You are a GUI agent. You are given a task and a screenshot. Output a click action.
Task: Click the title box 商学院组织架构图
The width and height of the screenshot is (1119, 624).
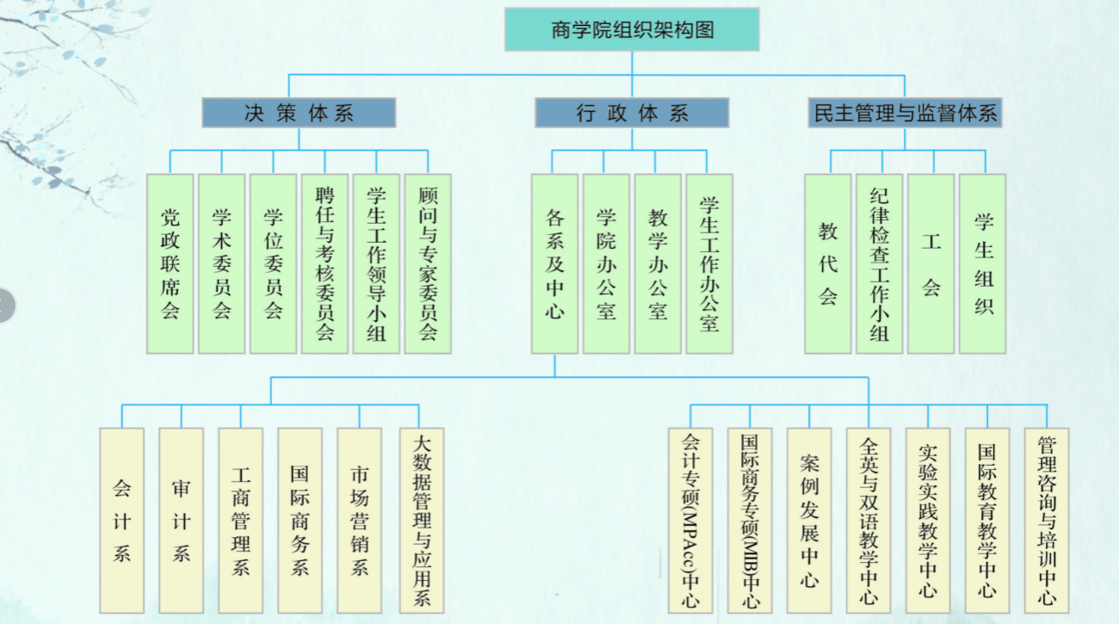(632, 30)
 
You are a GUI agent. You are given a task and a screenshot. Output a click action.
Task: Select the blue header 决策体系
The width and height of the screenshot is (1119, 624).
(299, 113)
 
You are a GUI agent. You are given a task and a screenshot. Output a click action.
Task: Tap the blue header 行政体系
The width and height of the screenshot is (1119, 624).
(632, 113)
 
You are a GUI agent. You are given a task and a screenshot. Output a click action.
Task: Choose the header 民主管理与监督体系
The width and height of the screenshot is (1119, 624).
(906, 113)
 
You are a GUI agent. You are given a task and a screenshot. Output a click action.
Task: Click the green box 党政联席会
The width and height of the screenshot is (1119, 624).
(170, 263)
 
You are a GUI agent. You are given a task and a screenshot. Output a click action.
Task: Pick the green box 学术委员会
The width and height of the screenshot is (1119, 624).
(221, 263)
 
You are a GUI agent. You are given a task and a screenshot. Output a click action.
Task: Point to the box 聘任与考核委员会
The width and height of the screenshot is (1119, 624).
(325, 263)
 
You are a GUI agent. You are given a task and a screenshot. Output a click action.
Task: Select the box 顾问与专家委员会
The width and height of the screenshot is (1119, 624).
(428, 263)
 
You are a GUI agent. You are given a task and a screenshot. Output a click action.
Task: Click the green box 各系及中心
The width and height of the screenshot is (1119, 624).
(554, 263)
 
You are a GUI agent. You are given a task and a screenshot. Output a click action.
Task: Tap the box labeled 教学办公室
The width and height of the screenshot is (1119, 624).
(658, 263)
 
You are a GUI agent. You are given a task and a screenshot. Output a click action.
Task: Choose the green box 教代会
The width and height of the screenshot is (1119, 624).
(828, 263)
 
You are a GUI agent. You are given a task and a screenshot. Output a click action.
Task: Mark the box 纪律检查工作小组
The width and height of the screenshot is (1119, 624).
(880, 263)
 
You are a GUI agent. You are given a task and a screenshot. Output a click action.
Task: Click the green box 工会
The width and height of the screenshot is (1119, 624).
(931, 263)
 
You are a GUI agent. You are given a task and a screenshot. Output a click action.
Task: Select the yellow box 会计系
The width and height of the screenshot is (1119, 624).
(121, 521)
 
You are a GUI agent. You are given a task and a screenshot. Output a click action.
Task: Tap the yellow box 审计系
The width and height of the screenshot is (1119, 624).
(181, 521)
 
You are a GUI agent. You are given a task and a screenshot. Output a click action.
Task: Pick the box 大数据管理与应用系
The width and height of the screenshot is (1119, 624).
(422, 521)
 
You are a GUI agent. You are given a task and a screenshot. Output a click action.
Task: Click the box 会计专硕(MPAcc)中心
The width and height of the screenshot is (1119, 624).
(690, 521)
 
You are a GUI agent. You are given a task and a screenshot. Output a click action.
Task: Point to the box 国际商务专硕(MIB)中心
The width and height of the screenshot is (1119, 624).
(750, 521)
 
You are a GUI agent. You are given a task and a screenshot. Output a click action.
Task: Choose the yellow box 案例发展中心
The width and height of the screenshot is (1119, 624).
(809, 521)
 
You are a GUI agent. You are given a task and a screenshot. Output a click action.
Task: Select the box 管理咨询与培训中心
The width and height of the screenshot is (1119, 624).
(1047, 521)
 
